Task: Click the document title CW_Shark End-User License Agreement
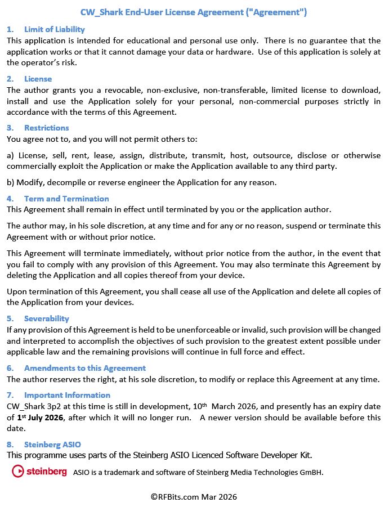click(194, 12)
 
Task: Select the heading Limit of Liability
click(54, 29)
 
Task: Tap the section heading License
click(38, 79)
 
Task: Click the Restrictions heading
click(46, 128)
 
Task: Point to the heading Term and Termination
click(66, 199)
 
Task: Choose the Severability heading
click(46, 318)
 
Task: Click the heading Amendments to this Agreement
click(84, 368)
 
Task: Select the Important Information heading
click(67, 395)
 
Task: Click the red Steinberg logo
click(39, 472)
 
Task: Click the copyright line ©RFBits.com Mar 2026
click(194, 497)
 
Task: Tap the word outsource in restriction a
click(287, 155)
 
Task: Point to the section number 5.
click(10, 318)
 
